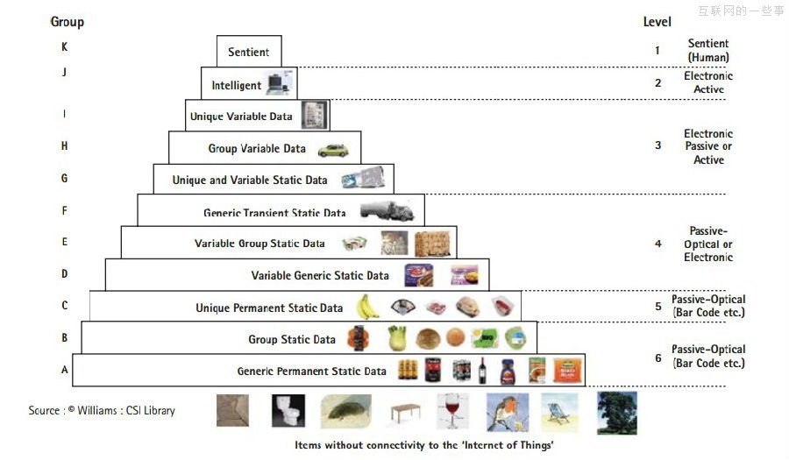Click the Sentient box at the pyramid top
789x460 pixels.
click(x=249, y=52)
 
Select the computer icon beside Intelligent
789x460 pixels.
click(x=280, y=84)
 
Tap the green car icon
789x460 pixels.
click(x=332, y=150)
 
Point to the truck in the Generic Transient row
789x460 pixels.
click(x=386, y=211)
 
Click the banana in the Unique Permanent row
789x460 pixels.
click(x=367, y=307)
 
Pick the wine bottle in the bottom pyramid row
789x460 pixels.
click(x=481, y=370)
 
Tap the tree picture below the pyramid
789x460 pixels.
click(x=616, y=412)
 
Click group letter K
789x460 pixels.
click(x=64, y=47)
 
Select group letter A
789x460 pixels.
click(x=64, y=370)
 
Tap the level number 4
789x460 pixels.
click(x=657, y=244)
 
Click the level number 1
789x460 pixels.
click(x=657, y=51)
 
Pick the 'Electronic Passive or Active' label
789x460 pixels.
click(x=708, y=146)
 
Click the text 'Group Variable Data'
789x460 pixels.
click(x=257, y=149)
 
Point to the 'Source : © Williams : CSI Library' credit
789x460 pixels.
click(x=102, y=410)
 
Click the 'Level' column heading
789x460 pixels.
click(x=657, y=21)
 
